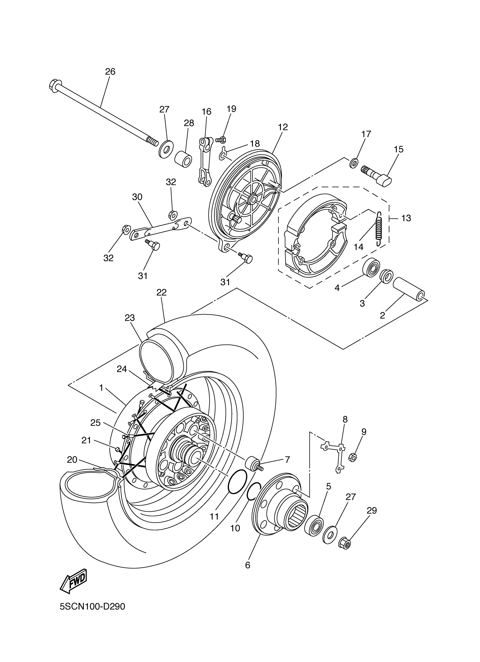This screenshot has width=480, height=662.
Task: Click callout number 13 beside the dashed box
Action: (x=406, y=218)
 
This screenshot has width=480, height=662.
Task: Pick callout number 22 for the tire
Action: (x=161, y=292)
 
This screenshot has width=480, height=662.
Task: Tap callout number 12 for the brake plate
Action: (x=283, y=127)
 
